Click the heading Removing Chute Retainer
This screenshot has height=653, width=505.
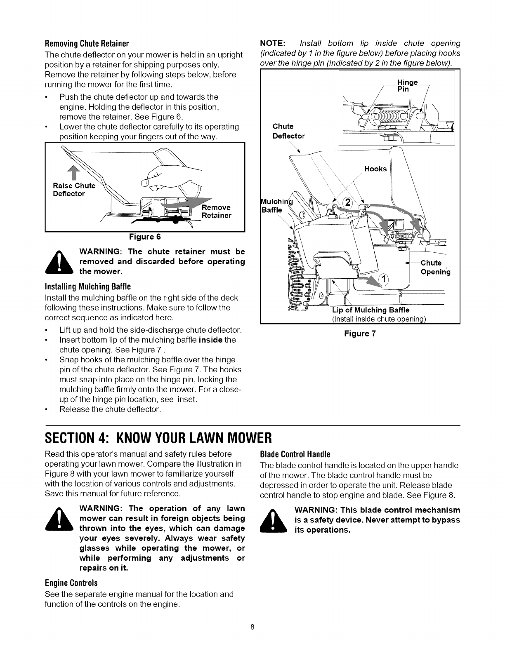(x=87, y=44)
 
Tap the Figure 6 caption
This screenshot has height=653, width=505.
(x=144, y=237)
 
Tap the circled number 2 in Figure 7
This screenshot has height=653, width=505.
(x=347, y=202)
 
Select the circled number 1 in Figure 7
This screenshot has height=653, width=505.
(x=382, y=280)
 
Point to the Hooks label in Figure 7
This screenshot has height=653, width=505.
(x=375, y=169)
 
